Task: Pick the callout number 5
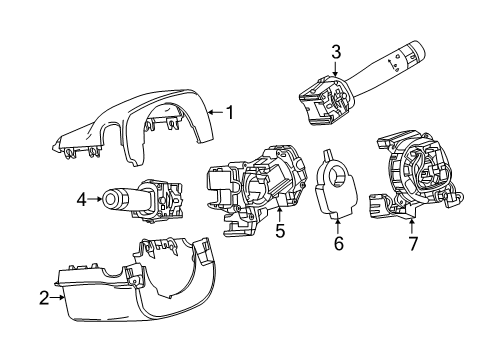[281, 232]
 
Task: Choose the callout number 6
[339, 243]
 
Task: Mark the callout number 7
[413, 244]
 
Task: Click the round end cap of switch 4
[108, 200]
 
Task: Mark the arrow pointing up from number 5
[281, 214]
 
